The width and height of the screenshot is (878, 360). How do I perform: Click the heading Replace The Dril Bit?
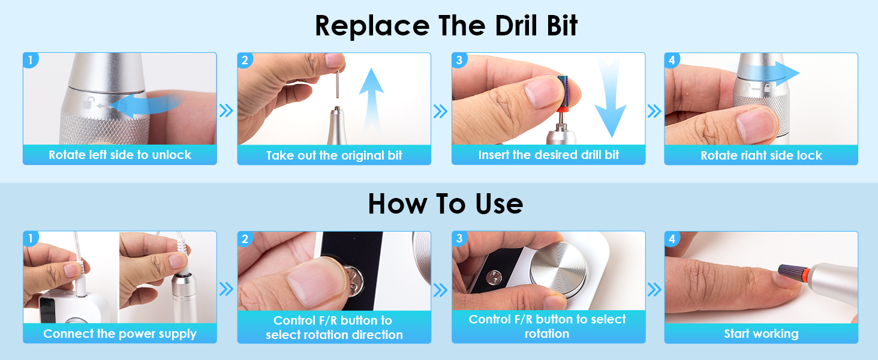[x=446, y=26]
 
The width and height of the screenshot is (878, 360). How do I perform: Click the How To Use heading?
[x=446, y=204]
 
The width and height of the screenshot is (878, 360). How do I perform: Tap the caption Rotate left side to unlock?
[x=120, y=155]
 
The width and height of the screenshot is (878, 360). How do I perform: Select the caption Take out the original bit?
[x=334, y=155]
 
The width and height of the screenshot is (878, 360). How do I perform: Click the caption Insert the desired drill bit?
[x=548, y=155]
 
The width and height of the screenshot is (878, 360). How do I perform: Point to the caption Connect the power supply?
[x=120, y=334]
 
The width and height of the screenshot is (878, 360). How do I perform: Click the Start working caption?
[x=761, y=334]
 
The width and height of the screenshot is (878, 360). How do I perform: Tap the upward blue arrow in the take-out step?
[x=371, y=103]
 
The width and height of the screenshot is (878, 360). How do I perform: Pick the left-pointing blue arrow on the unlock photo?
[x=145, y=106]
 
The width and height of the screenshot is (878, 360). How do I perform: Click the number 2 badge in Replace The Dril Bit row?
[x=245, y=61]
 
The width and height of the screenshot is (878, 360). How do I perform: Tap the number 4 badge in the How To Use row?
[x=672, y=239]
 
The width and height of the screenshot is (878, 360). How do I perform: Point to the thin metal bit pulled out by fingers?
[x=338, y=84]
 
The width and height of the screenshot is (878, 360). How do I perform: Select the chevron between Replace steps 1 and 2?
[x=226, y=110]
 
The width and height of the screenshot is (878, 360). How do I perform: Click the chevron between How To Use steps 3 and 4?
[x=654, y=290]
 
